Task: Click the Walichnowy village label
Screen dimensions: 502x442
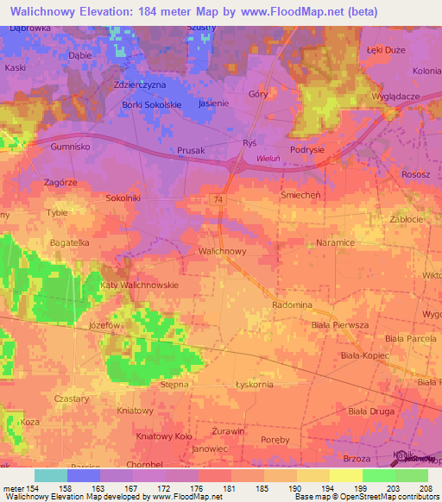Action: click(223, 251)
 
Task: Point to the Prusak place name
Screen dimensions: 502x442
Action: click(191, 150)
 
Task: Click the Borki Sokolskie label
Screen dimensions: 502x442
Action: click(152, 105)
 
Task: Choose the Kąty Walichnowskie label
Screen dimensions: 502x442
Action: click(139, 285)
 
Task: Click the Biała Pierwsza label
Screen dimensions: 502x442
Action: click(339, 324)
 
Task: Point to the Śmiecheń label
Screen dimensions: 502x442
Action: click(300, 195)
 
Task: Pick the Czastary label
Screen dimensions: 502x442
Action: click(72, 399)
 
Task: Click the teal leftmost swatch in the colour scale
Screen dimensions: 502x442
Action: click(51, 475)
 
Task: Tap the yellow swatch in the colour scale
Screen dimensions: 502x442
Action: click(346, 475)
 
